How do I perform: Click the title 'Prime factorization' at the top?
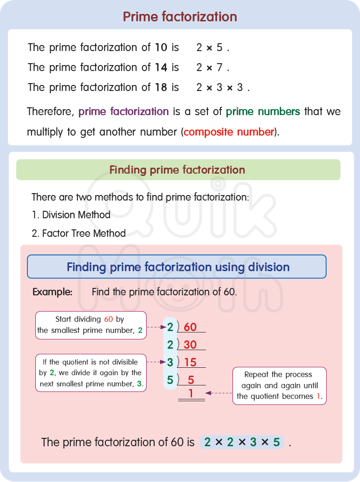tap(180, 17)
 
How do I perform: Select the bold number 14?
tap(161, 67)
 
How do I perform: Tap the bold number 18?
tap(161, 87)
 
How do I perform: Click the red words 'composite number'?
tap(229, 132)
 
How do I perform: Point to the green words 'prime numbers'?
tap(263, 111)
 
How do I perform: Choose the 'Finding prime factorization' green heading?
tap(177, 170)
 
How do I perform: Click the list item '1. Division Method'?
tap(71, 215)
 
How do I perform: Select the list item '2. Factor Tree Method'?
tap(78, 233)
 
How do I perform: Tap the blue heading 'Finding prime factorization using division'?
tap(178, 267)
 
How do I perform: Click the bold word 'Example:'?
tap(52, 292)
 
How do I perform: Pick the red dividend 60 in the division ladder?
tap(190, 327)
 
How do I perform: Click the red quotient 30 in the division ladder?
tap(190, 345)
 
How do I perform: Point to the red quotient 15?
tap(190, 363)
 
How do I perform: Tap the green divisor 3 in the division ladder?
tap(170, 362)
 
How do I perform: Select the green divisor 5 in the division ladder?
tap(170, 380)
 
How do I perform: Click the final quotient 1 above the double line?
tap(191, 394)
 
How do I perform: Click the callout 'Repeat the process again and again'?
tap(279, 385)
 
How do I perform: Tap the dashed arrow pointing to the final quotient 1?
tap(219, 393)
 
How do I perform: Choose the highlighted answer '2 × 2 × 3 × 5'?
tap(242, 443)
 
